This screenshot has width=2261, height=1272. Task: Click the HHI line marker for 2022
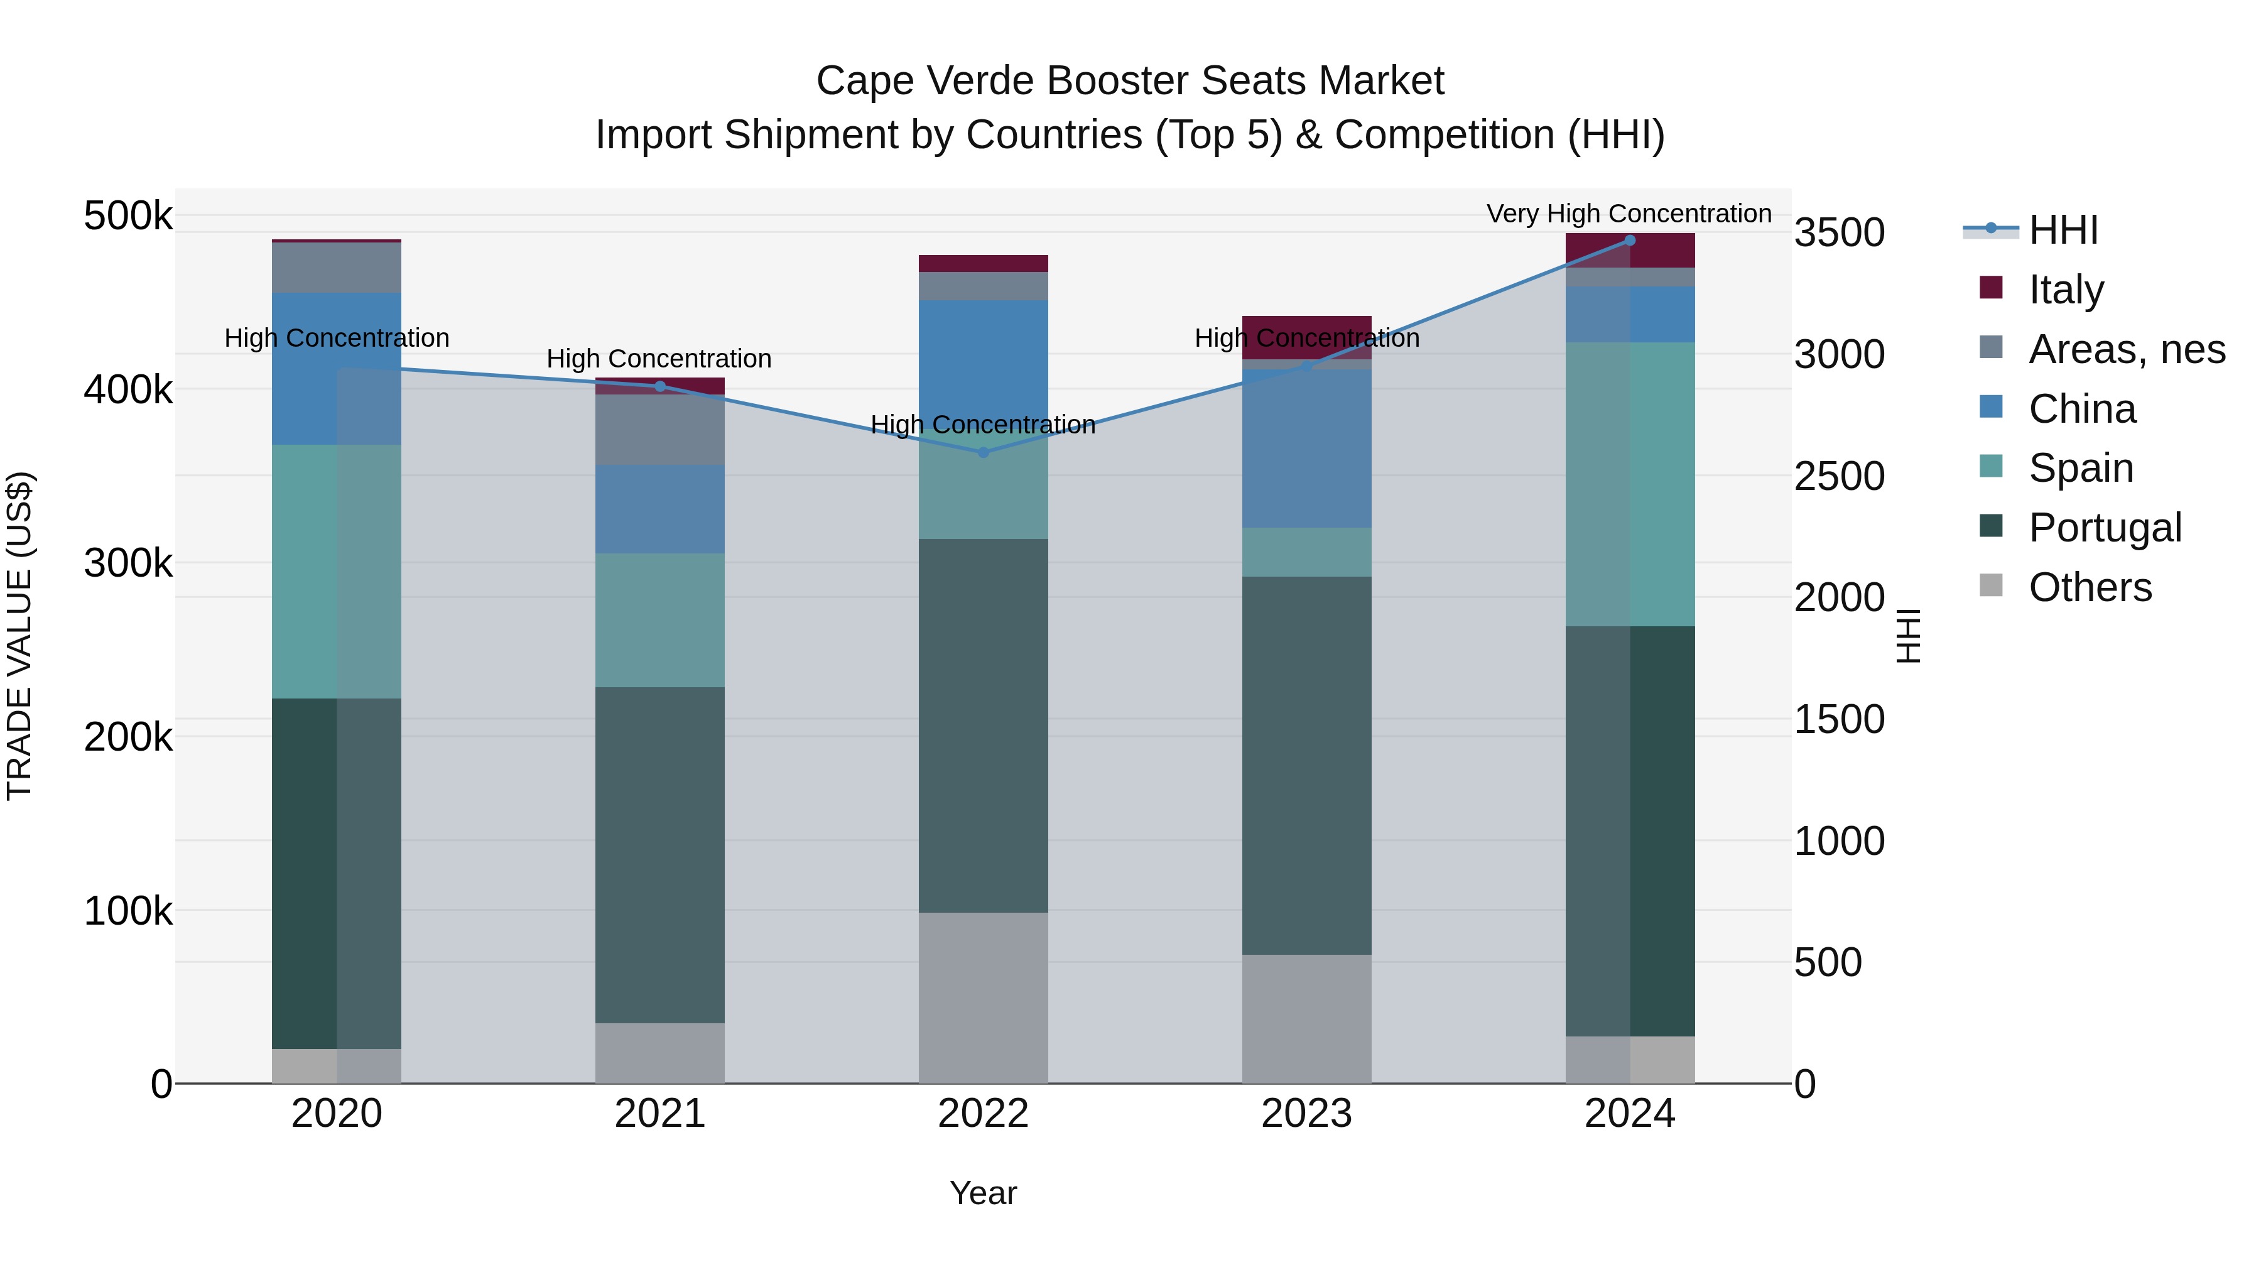(x=983, y=453)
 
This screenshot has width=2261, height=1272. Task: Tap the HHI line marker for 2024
(x=1630, y=241)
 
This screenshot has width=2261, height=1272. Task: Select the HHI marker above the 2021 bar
(x=660, y=386)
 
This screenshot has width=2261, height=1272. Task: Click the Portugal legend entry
(x=2104, y=528)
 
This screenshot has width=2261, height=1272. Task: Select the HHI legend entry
(x=2063, y=230)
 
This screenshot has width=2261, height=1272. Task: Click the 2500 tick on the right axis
(x=1839, y=477)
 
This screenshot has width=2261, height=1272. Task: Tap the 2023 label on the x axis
(x=1306, y=1114)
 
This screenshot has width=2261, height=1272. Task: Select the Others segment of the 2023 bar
(x=1306, y=1018)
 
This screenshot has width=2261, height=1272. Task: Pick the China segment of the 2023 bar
(x=1306, y=448)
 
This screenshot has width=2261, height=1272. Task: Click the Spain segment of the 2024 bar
(x=1630, y=484)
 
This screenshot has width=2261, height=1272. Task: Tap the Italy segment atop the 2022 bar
(x=983, y=263)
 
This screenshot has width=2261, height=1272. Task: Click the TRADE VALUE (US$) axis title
(x=19, y=636)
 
